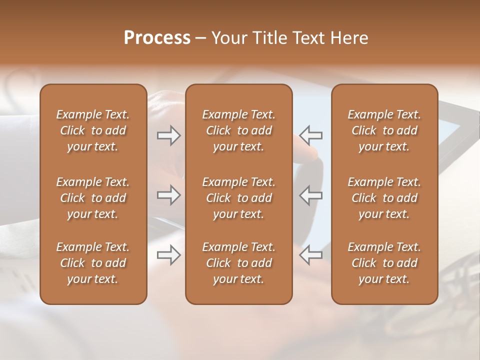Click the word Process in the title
157,38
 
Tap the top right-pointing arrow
168,135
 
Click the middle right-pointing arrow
168,195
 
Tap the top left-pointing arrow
311,135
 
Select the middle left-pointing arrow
311,195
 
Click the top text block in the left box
93,130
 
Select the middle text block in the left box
93,198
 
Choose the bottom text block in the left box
93,263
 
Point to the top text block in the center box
238,130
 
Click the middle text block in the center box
238,198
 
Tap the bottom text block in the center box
238,263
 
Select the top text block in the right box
384,130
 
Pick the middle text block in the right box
384,198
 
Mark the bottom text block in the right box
384,263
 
